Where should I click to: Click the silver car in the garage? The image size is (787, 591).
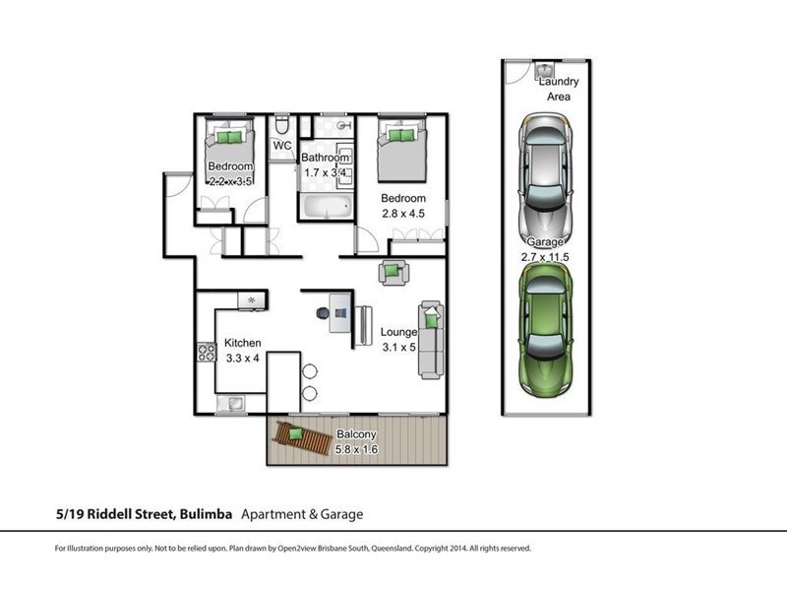[x=546, y=179]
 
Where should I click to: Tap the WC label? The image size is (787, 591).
[x=282, y=146]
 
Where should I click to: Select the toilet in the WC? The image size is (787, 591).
[x=282, y=125]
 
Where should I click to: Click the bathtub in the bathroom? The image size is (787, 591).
[x=328, y=207]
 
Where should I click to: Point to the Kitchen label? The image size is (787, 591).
[x=242, y=343]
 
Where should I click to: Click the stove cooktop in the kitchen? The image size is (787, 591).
[x=206, y=352]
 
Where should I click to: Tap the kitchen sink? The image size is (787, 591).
[x=231, y=403]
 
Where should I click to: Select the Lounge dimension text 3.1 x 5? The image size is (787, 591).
[x=399, y=348]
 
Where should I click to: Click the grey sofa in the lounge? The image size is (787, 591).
[x=431, y=340]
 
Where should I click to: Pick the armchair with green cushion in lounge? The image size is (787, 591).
[x=393, y=273]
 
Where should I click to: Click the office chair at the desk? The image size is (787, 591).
[x=324, y=313]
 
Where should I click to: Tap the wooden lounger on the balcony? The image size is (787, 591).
[x=302, y=437]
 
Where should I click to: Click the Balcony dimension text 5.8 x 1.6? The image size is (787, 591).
[x=356, y=449]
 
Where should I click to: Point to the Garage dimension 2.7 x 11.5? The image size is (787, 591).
[x=545, y=257]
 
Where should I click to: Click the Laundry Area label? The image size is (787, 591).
[x=559, y=89]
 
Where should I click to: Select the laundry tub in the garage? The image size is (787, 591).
[x=544, y=69]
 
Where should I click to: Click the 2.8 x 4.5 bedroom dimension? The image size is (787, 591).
[x=403, y=214]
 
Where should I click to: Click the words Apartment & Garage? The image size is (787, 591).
[x=302, y=514]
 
